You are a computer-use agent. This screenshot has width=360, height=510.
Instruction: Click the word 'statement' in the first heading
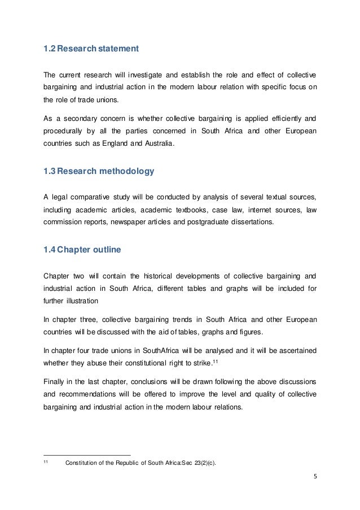[117, 50]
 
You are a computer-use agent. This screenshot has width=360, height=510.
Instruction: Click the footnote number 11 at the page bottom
[46, 464]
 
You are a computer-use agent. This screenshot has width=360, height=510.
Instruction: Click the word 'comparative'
[93, 197]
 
